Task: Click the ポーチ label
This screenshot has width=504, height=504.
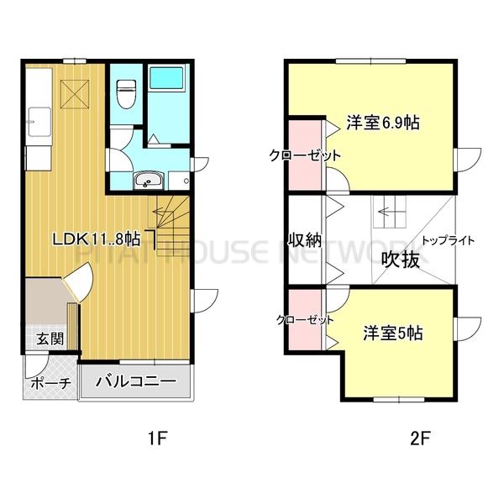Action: pos(48,383)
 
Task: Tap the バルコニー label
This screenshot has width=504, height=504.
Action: pos(136,381)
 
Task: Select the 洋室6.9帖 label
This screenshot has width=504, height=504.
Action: pos(382,123)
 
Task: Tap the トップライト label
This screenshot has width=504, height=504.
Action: pos(448,240)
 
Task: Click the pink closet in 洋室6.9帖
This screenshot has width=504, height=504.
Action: pos(305,155)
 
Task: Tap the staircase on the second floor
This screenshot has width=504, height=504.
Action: pos(388,213)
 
